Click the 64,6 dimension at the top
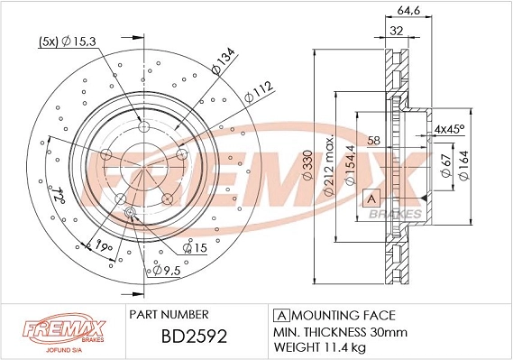tap(408, 11)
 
